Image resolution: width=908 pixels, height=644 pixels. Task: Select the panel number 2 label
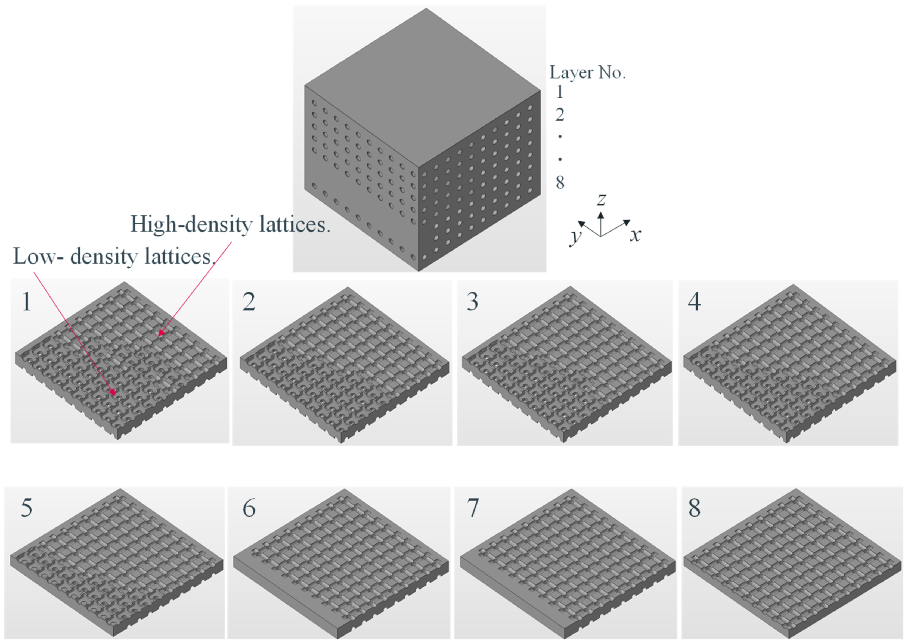click(x=249, y=302)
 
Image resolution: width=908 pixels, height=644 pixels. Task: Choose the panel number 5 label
click(x=27, y=508)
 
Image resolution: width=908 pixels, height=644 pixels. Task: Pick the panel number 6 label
click(x=249, y=508)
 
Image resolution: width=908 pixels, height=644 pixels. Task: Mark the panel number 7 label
click(x=473, y=508)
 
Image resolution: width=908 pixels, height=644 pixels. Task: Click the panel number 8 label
click(x=695, y=508)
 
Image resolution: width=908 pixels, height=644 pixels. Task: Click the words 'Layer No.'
click(x=587, y=73)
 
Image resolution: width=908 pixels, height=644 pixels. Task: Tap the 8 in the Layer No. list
click(x=560, y=182)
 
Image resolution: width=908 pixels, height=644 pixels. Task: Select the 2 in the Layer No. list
click(x=560, y=115)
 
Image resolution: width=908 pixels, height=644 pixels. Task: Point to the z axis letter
click(x=602, y=199)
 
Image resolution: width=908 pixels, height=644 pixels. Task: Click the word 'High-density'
click(x=192, y=225)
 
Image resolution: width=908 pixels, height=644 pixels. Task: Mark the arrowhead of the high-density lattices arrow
click(x=161, y=333)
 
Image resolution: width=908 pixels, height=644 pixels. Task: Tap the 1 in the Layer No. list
click(x=560, y=92)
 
